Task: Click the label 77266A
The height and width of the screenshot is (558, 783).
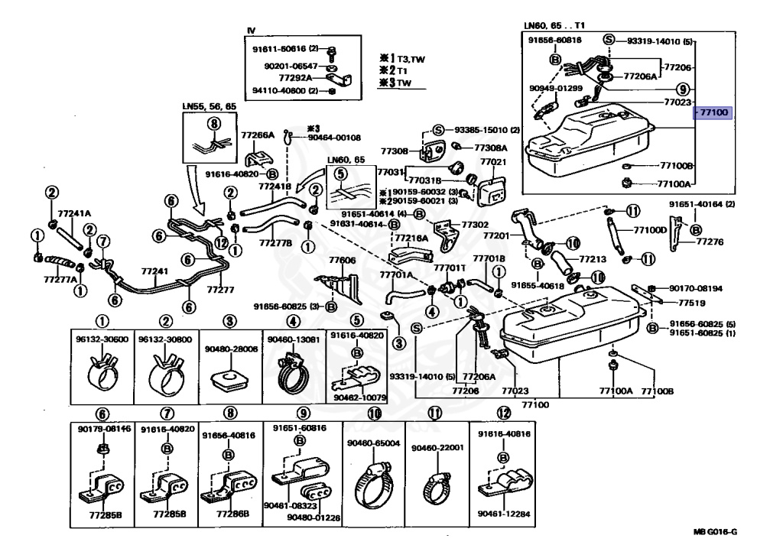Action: (258, 135)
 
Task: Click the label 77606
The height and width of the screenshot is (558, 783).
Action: (342, 261)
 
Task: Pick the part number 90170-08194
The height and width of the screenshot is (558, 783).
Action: (696, 289)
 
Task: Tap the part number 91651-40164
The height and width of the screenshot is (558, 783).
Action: (702, 204)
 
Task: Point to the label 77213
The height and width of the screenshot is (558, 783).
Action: (592, 259)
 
